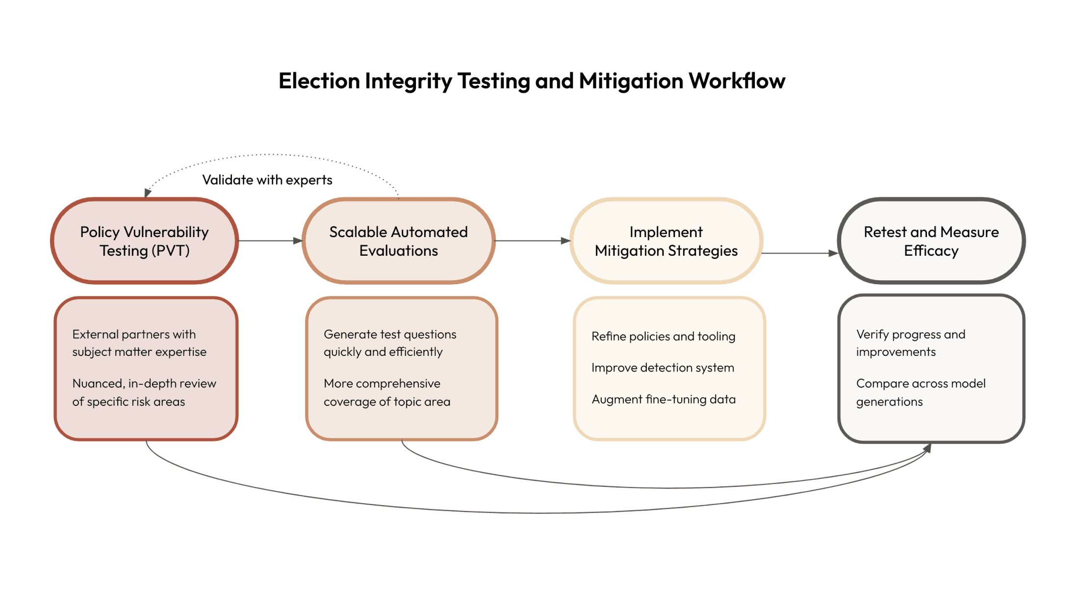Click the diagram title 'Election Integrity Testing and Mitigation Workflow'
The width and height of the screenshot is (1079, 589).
tap(532, 81)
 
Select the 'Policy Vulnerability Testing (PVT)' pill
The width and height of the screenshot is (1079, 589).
tap(144, 241)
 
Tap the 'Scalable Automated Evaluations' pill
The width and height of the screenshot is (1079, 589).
tap(398, 241)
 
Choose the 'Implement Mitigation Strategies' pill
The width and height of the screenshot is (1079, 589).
tap(666, 241)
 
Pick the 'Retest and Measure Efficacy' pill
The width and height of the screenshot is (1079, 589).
tap(931, 241)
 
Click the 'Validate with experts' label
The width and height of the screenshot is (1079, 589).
tap(267, 180)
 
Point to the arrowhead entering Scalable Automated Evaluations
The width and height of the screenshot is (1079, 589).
tap(298, 241)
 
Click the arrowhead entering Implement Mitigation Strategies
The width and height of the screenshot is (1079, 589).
tap(565, 241)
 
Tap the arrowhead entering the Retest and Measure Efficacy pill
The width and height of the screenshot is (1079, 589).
tap(833, 253)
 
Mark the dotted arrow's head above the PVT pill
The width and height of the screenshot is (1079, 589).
tap(147, 193)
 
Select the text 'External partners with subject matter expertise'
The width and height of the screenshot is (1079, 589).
tap(139, 343)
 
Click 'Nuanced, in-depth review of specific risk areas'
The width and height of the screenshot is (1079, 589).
tap(144, 392)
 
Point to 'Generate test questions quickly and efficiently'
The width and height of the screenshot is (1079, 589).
tap(390, 343)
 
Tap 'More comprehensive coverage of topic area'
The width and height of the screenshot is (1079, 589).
tap(387, 392)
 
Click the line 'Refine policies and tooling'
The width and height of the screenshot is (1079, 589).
tap(663, 336)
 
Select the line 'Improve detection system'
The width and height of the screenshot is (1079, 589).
tap(663, 368)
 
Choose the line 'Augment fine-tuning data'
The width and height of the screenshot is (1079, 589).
tap(664, 399)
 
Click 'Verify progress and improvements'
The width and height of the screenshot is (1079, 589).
tap(911, 343)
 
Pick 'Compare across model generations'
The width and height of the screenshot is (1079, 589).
tap(921, 392)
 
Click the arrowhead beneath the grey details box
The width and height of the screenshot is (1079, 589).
tap(927, 448)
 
